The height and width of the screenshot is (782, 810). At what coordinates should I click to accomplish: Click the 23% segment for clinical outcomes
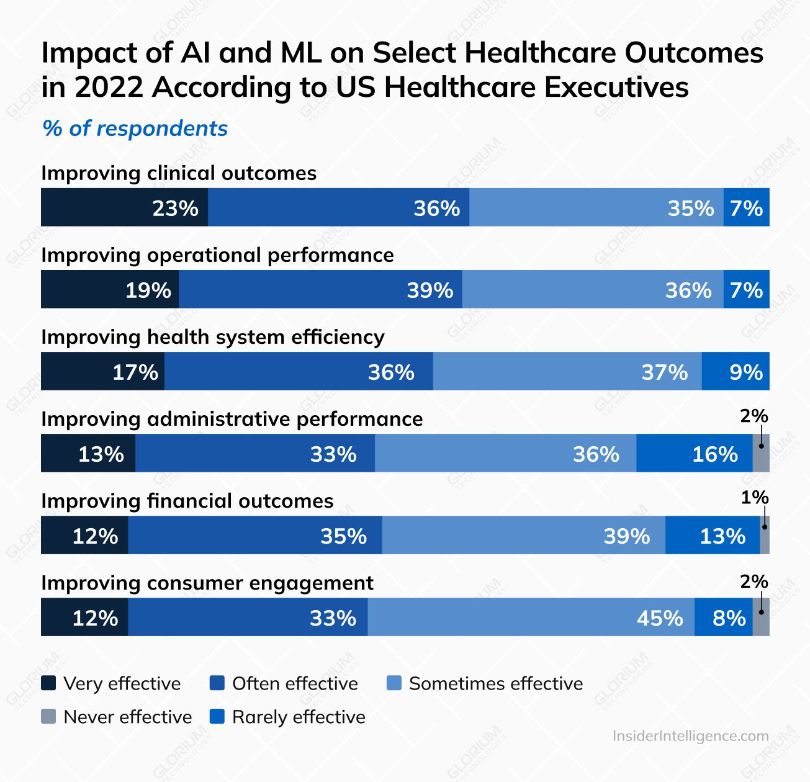coord(124,207)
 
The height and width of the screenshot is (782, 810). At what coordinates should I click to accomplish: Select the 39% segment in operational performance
coord(320,290)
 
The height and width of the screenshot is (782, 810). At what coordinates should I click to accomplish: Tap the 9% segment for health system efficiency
coord(736,372)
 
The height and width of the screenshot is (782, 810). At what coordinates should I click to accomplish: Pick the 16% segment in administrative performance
coord(694,454)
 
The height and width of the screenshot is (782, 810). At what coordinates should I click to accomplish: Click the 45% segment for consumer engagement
coord(531,618)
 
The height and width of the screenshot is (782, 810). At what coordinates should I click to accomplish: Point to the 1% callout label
coord(754,498)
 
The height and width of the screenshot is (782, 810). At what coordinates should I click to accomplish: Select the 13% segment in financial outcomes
coord(713,536)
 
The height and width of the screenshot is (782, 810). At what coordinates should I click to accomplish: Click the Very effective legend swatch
coord(48,683)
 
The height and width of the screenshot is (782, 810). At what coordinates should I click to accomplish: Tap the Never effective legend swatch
coord(48,717)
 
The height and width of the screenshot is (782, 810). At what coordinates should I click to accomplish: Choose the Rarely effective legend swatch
coord(217,717)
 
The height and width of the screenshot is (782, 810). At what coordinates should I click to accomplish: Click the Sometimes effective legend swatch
coord(394,683)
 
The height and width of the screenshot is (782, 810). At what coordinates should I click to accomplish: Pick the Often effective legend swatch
coord(217,683)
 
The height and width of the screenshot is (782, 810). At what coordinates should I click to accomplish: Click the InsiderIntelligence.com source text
coord(690,736)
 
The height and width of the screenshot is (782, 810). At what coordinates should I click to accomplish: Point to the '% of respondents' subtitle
coord(135,128)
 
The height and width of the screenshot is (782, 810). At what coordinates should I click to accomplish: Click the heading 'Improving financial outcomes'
coord(187,501)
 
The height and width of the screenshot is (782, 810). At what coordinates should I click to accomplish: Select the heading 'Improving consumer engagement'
coord(207,583)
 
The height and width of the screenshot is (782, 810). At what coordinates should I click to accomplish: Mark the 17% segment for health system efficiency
coord(102,372)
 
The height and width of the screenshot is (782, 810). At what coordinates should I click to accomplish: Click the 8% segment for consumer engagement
coord(724,618)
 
